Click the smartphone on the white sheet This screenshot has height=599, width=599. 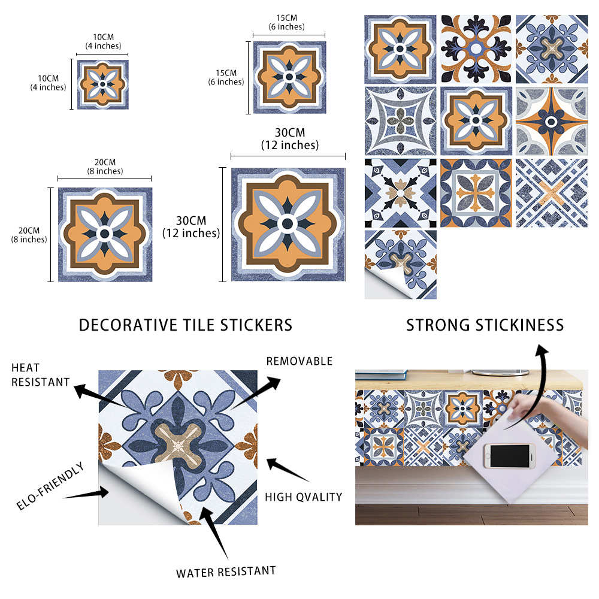coord(509,456)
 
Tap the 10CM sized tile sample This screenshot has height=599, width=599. coord(103,84)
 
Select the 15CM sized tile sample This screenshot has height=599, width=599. coord(289,77)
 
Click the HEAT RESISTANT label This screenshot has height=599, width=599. coord(41,375)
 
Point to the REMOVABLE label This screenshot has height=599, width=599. coord(299,361)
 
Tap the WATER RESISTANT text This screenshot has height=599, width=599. coord(226,572)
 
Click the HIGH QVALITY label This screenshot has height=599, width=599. coord(304,497)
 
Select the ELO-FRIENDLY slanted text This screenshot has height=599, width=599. coord(50,486)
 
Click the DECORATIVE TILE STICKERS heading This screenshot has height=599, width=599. coord(186,325)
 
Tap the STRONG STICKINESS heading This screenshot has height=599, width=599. coord(485,325)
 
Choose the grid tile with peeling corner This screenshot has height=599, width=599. coord(400,264)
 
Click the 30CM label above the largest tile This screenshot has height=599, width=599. coord(290,139)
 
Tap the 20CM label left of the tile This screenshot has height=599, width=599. coord(29,235)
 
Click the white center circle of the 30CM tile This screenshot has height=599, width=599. coord(288,224)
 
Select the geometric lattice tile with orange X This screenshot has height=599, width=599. coord(552,193)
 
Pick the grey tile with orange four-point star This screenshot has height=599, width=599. coord(552,122)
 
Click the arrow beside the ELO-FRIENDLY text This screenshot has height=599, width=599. coord(86,494)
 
